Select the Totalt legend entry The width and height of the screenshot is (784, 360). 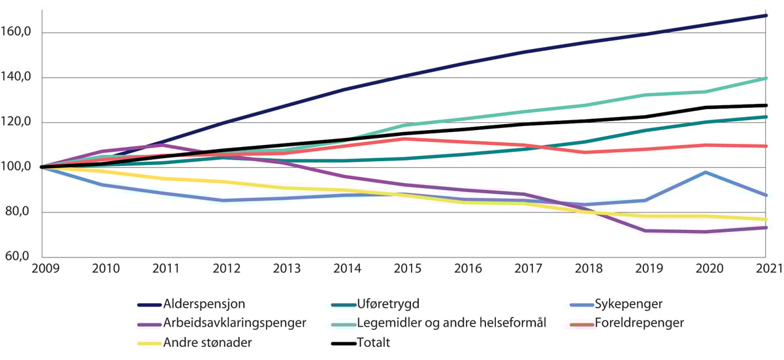[x=374, y=342]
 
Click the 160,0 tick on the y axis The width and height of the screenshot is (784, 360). [x=18, y=33]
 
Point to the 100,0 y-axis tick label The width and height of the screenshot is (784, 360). [x=18, y=167]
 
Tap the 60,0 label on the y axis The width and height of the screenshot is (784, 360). [x=21, y=257]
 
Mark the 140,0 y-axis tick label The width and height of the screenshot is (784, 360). [x=18, y=78]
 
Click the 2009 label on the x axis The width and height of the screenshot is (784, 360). [x=42, y=269]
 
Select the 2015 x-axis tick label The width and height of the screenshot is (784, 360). [x=405, y=269]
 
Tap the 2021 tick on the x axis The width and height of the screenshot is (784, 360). [x=768, y=269]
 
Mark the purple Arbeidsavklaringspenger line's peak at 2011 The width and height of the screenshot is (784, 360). [x=163, y=145]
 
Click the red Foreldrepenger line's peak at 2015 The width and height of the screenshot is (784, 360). [x=405, y=139]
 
